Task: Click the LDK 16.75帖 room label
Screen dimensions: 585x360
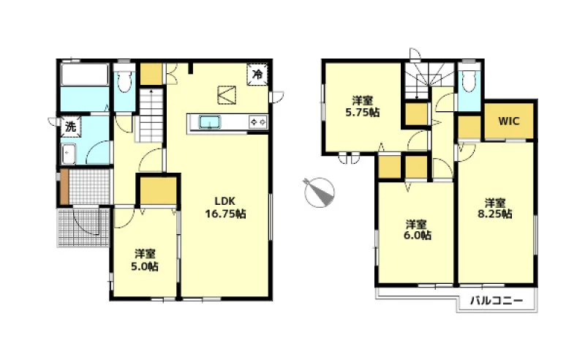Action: [225, 207]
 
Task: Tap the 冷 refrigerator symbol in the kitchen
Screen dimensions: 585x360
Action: [257, 75]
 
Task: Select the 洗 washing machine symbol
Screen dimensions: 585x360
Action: [70, 127]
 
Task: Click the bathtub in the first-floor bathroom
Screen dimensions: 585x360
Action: [85, 75]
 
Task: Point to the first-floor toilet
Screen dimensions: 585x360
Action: [124, 81]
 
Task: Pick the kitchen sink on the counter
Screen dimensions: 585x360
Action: [209, 122]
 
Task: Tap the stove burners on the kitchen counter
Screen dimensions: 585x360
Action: [258, 122]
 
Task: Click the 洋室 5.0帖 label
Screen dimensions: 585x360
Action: [144, 260]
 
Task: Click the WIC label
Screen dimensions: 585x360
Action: [509, 121]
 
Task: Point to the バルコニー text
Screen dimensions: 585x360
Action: [497, 301]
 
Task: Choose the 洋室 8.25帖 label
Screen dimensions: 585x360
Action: [495, 209]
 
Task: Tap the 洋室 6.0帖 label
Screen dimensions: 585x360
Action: [416, 230]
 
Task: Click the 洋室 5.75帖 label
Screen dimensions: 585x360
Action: [362, 106]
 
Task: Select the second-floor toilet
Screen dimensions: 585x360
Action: [469, 81]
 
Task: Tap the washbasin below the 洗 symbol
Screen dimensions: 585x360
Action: [69, 154]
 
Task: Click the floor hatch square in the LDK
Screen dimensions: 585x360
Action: [227, 95]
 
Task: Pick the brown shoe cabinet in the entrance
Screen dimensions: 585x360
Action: [64, 187]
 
